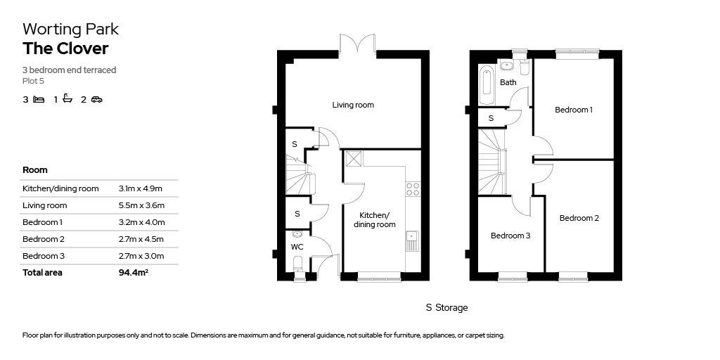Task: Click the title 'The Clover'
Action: pyautogui.click(x=65, y=49)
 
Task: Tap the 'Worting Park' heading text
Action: pyautogui.click(x=70, y=29)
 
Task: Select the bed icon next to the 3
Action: pyautogui.click(x=39, y=99)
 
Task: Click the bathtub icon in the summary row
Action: pyautogui.click(x=67, y=99)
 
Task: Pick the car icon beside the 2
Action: pyautogui.click(x=96, y=99)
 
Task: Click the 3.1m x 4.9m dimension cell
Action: pyautogui.click(x=141, y=188)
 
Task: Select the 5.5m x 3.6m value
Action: pyautogui.click(x=141, y=205)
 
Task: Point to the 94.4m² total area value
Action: pyautogui.click(x=134, y=273)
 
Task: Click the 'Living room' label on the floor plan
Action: pyautogui.click(x=353, y=105)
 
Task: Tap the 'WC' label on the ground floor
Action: pyautogui.click(x=297, y=247)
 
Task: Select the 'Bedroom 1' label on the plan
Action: pyautogui.click(x=573, y=110)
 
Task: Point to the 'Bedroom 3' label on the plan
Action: pyautogui.click(x=510, y=236)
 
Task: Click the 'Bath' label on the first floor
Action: pyautogui.click(x=508, y=82)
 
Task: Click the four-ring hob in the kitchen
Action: pyautogui.click(x=413, y=188)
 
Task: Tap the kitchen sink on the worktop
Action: pyautogui.click(x=411, y=240)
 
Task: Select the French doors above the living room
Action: pyautogui.click(x=357, y=44)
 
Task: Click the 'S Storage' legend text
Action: pyautogui.click(x=446, y=308)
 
